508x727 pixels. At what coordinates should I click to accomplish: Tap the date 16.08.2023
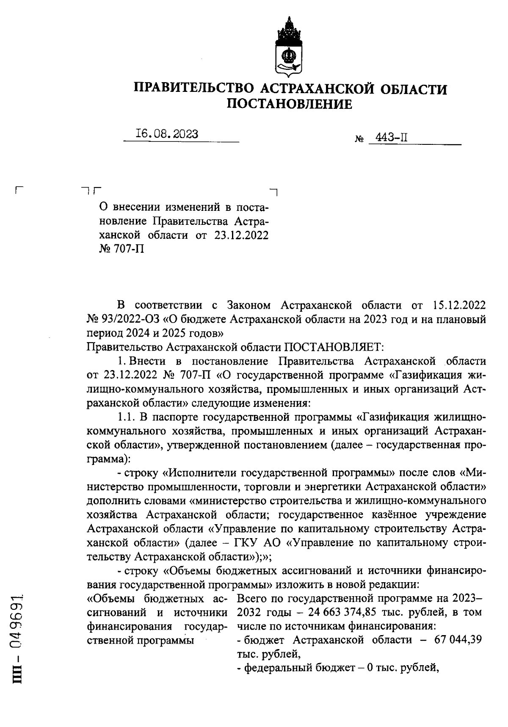coord(167,134)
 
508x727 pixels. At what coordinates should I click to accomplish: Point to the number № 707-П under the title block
coord(121,249)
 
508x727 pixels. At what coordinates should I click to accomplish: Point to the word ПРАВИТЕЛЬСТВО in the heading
coord(194,88)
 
